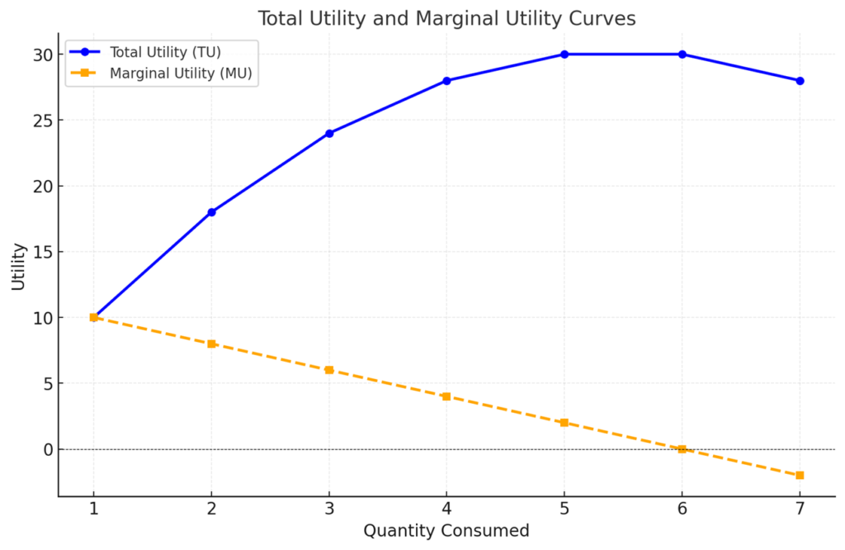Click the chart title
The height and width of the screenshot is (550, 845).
[446, 18]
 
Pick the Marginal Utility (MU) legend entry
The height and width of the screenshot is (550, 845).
[181, 73]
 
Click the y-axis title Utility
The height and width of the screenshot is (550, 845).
[17, 266]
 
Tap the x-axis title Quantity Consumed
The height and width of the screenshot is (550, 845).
[446, 530]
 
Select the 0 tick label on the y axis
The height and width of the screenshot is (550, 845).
[47, 449]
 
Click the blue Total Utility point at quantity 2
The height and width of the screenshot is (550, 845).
[211, 212]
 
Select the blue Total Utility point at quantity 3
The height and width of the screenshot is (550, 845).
[329, 133]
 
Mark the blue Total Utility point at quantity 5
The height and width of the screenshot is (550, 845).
[564, 55]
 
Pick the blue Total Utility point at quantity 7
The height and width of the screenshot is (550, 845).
[800, 81]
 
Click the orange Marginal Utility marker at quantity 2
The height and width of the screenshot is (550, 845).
[211, 344]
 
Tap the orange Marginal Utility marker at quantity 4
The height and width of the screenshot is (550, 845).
[446, 396]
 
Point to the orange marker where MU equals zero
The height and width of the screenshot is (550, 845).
[682, 449]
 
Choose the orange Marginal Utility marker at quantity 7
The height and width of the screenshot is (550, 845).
[800, 476]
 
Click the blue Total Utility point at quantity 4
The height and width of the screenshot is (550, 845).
[446, 81]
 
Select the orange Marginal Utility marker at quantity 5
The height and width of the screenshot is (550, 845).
[564, 423]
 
